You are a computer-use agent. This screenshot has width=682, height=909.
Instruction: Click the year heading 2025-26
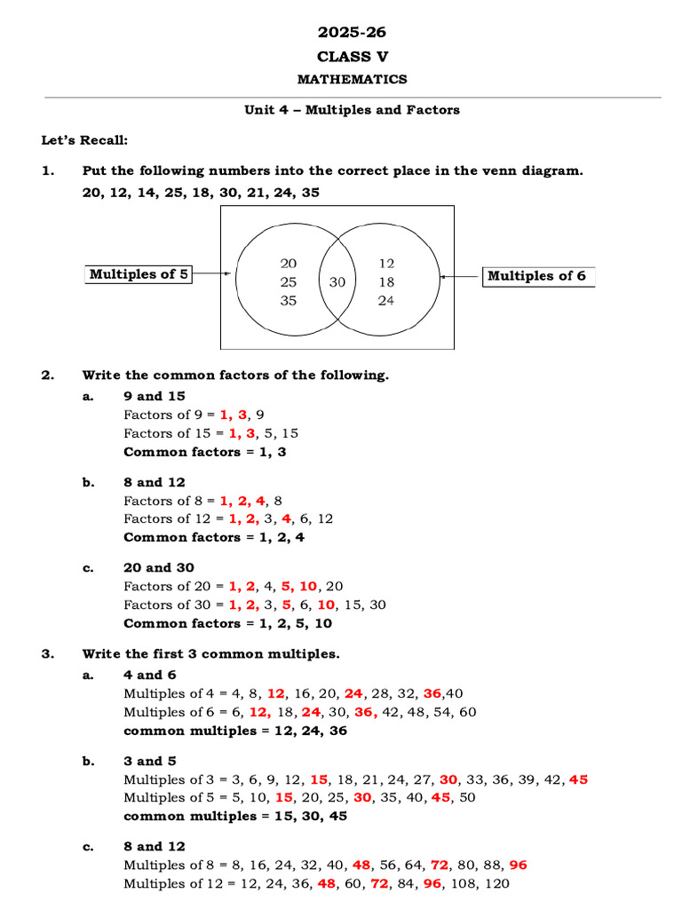click(x=353, y=33)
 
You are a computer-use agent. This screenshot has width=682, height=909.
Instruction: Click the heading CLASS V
click(x=353, y=57)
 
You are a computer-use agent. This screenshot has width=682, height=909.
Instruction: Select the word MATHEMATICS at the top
click(x=353, y=80)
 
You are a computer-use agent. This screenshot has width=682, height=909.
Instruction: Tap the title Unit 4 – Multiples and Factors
click(x=353, y=110)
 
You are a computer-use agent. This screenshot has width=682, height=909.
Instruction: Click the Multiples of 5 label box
click(x=139, y=274)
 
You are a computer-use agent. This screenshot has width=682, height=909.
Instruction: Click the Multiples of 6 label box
click(x=537, y=276)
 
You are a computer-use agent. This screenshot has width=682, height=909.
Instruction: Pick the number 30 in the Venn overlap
click(x=337, y=282)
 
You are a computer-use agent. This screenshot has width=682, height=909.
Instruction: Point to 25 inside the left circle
click(x=289, y=282)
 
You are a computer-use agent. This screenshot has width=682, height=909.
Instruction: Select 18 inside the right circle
click(x=386, y=282)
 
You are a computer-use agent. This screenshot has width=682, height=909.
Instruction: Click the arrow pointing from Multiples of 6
click(x=460, y=276)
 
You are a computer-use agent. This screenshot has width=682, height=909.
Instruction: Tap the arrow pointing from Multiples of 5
click(x=212, y=274)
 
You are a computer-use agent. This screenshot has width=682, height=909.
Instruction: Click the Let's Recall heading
click(x=84, y=141)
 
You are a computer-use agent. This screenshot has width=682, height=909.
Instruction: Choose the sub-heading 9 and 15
click(x=154, y=396)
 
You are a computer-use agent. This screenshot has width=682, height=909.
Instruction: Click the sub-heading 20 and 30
click(x=158, y=567)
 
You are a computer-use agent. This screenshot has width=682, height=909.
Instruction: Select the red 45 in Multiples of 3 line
click(x=579, y=779)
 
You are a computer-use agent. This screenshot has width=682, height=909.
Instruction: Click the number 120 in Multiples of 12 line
click(x=496, y=883)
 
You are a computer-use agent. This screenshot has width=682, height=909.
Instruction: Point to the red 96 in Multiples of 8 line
click(x=519, y=865)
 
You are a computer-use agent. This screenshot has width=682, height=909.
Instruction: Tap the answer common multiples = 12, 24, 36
click(x=235, y=731)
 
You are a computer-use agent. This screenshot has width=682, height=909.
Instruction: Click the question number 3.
click(x=47, y=653)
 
